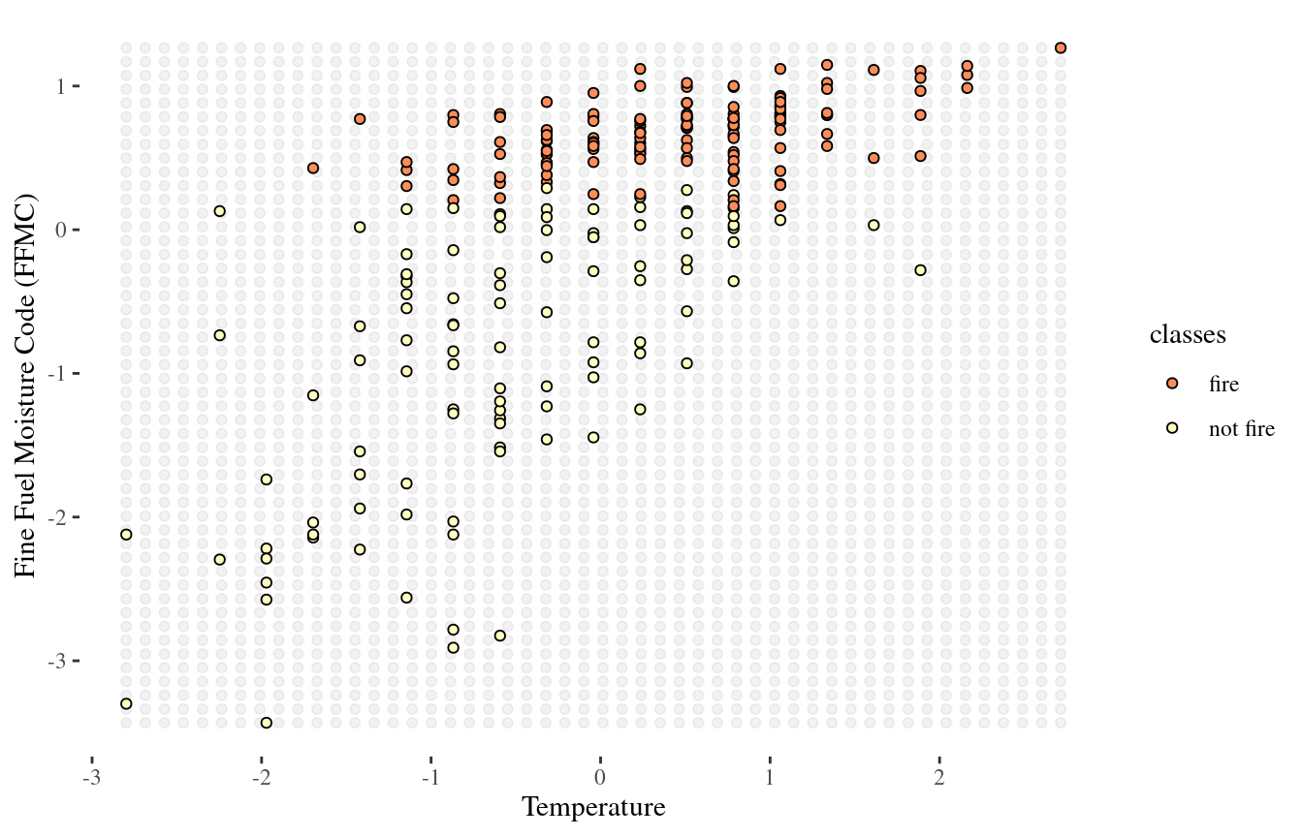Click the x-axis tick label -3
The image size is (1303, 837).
tap(91, 779)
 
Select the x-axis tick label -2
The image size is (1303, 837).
tap(261, 779)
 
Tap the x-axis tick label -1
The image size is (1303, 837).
tap(430, 779)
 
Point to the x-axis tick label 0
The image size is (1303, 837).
tap(600, 779)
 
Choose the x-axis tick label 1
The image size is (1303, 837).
tap(770, 779)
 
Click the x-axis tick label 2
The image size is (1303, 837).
tap(938, 779)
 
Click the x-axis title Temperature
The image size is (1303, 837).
tap(593, 808)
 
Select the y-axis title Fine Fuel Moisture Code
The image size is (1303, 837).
tap(27, 386)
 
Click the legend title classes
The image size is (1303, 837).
tap(1188, 336)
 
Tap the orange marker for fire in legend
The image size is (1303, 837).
tap(1172, 384)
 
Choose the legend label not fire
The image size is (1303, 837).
tap(1241, 429)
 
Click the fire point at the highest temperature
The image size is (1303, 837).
tap(1061, 47)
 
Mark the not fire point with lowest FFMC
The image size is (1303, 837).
tap(267, 723)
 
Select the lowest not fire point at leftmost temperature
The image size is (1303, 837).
tap(126, 703)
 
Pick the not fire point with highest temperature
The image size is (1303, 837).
tap(920, 270)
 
